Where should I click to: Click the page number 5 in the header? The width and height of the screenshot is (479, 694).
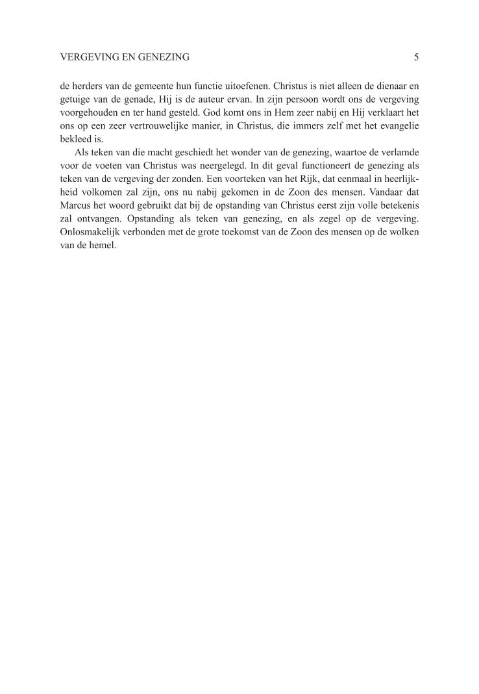coord(416,57)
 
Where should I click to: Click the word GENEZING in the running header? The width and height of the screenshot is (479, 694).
coord(163,57)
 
